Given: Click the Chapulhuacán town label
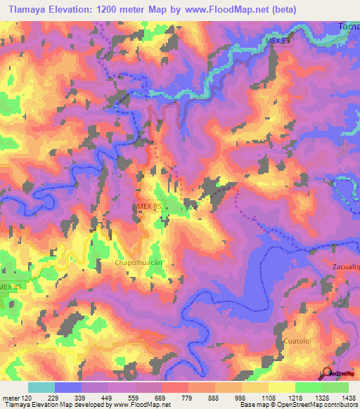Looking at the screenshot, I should (138, 261).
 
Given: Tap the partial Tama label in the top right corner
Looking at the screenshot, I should (349, 27).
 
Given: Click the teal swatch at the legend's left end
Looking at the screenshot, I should (41, 387).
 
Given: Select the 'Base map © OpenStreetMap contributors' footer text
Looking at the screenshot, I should (297, 405).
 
